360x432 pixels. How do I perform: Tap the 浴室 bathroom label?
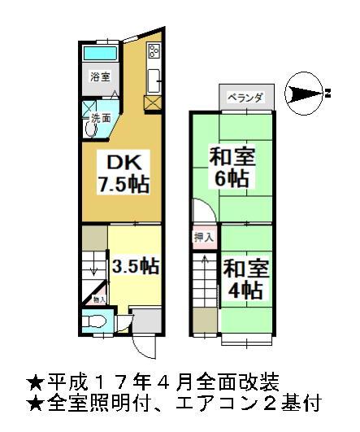pyautogui.click(x=101, y=77)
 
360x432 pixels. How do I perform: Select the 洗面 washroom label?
pyautogui.click(x=101, y=118)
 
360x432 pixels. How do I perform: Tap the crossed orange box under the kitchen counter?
pyautogui.click(x=152, y=104)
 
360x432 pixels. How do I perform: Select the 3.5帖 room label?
pyautogui.click(x=135, y=265)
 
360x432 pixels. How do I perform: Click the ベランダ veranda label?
pyautogui.click(x=244, y=98)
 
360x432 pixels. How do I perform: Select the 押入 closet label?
pyautogui.click(x=203, y=238)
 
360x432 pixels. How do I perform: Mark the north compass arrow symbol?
pyautogui.click(x=306, y=93)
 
